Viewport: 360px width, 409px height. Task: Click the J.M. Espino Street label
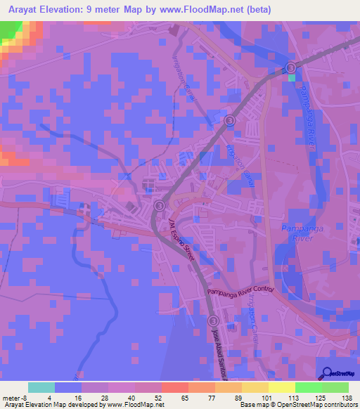tap(181, 240)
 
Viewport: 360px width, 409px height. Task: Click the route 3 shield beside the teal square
tap(292, 67)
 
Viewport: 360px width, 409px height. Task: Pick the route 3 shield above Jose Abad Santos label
tap(214, 321)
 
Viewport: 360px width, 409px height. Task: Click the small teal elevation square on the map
tap(292, 78)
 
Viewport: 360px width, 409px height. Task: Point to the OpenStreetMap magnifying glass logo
tap(325, 374)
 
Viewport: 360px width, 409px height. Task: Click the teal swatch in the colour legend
tap(41, 387)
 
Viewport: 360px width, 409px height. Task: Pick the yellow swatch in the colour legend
tap(281, 387)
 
